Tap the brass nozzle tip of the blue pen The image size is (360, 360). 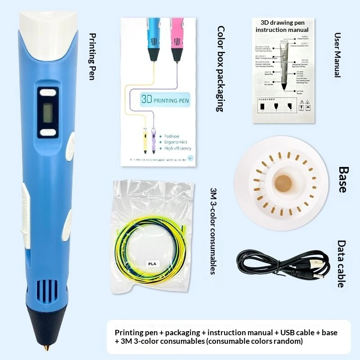[46, 348]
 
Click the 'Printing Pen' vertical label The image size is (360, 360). [93, 56]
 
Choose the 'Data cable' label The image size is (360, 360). [342, 263]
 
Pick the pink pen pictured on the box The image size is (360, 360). [177, 36]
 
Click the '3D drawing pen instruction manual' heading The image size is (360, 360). [282, 26]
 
